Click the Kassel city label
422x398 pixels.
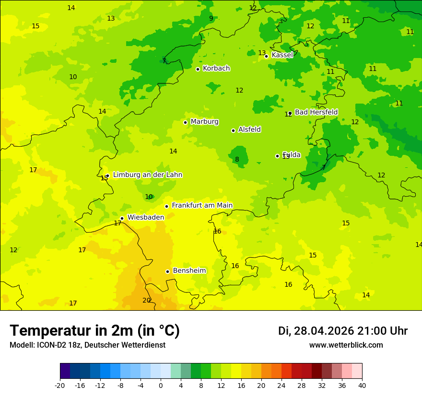(x=282, y=55)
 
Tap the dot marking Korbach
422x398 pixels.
(x=198, y=69)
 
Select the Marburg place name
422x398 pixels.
(x=204, y=122)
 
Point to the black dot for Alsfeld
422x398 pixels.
(x=234, y=130)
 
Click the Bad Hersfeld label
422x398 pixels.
(x=316, y=112)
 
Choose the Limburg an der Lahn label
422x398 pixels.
(x=147, y=175)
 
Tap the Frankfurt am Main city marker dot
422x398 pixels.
(x=167, y=206)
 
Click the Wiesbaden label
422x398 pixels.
(x=145, y=217)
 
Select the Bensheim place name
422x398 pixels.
(x=189, y=271)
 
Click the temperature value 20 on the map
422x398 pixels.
(x=147, y=301)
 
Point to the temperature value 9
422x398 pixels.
(x=211, y=19)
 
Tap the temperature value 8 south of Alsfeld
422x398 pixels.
(x=237, y=160)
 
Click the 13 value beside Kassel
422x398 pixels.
(x=262, y=53)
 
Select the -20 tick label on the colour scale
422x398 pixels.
(x=60, y=386)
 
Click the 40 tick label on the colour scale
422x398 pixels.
(x=362, y=386)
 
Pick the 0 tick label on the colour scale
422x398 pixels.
(x=161, y=386)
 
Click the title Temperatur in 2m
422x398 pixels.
(x=94, y=331)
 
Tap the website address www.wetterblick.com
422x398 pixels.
(x=346, y=345)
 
